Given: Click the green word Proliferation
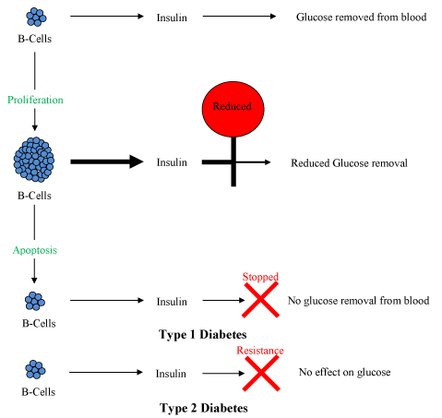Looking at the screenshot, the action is click(35, 100).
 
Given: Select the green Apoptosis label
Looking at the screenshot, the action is click(35, 250).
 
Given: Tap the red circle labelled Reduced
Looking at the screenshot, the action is click(233, 109).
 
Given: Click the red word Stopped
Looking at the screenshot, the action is click(260, 277).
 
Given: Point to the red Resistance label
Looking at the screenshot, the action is click(260, 351).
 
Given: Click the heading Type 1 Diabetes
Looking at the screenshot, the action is click(203, 334).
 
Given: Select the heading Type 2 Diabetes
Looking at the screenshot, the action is click(204, 408).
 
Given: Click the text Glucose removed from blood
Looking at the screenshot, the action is click(361, 17).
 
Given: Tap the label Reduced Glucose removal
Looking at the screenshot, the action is click(349, 162).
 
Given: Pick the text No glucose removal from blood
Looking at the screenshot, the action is click(358, 300).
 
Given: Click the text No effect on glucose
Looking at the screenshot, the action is click(344, 372).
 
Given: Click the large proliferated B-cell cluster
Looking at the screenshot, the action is click(34, 160).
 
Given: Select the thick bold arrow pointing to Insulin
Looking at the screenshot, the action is click(107, 161).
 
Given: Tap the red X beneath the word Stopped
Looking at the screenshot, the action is click(260, 300).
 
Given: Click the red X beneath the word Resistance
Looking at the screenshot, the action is click(261, 373).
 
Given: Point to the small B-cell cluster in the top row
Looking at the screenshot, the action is click(36, 17).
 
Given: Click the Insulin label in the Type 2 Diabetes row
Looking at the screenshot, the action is click(171, 374).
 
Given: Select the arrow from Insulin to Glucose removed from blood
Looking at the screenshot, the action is click(239, 16).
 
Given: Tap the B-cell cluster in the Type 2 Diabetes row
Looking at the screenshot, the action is click(35, 369).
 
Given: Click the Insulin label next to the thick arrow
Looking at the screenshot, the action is click(172, 162).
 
